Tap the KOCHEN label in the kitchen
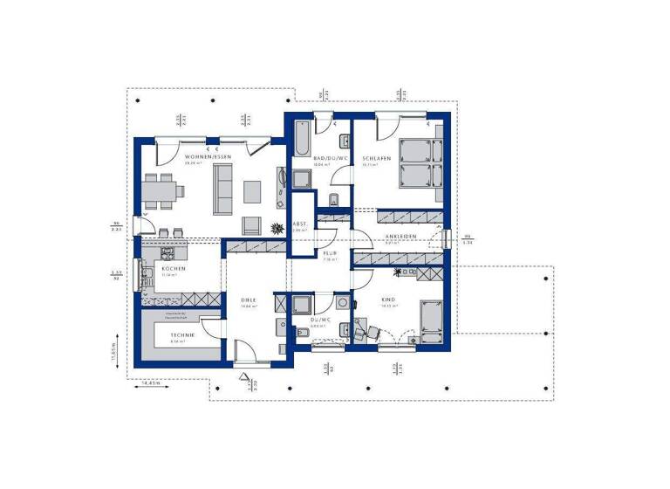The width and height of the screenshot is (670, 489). click(x=169, y=269)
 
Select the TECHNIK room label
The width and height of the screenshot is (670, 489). click(x=182, y=334)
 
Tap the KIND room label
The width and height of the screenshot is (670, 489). click(x=388, y=300)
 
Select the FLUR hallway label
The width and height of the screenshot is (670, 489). click(x=330, y=253)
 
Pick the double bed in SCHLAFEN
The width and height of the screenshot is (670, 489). click(x=420, y=162)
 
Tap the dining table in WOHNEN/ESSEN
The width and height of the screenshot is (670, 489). click(x=164, y=189)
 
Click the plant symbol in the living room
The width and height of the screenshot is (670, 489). click(x=278, y=228)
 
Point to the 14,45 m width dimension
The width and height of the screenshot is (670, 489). click(x=142, y=382)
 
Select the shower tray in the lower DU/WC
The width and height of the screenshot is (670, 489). click(x=301, y=305)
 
